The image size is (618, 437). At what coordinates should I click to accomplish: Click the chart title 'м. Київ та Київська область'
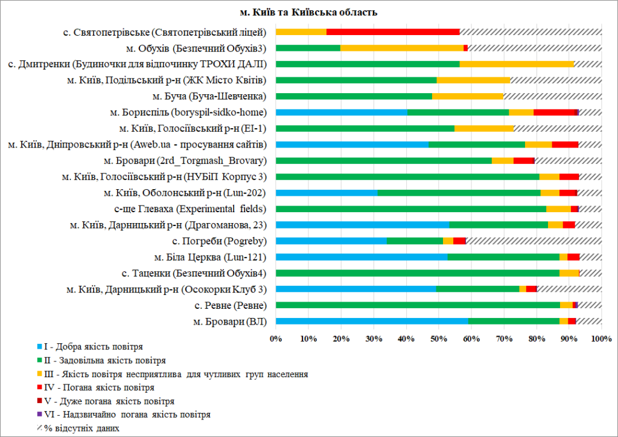point(308,12)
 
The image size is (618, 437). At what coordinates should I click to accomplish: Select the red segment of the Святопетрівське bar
point(393,32)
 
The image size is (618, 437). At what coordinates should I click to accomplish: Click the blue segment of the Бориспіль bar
point(342,112)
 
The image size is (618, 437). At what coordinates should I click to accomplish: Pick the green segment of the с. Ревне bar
point(418,305)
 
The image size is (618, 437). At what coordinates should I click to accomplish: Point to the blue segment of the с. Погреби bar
point(331,241)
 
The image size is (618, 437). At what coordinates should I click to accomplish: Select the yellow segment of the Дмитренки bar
point(517,64)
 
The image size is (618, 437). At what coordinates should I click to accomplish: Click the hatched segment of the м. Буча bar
point(552,96)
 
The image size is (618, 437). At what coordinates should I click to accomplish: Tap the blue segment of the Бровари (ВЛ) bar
point(372,321)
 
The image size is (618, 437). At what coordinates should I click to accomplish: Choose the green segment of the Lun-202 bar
point(459,192)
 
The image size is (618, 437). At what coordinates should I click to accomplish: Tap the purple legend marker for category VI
point(40,415)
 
